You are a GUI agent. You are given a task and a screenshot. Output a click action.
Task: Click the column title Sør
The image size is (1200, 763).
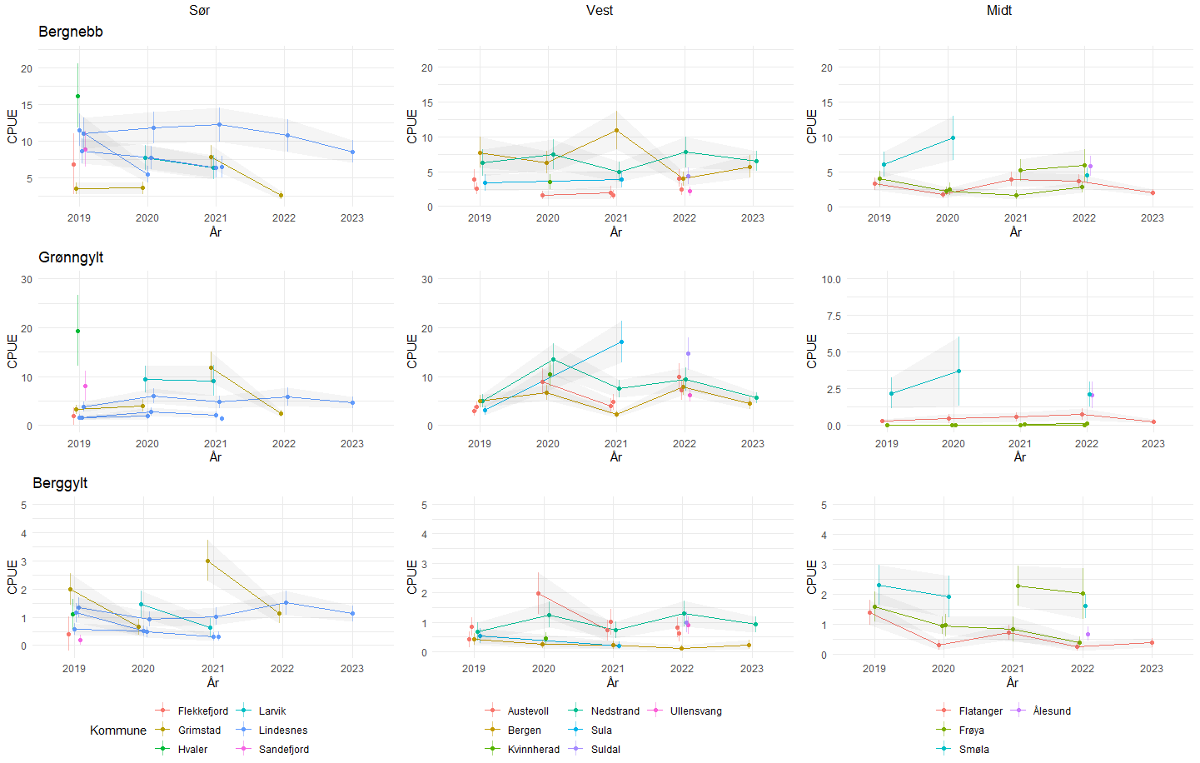(x=199, y=10)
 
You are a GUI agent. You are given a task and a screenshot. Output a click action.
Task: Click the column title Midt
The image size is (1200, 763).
(x=998, y=10)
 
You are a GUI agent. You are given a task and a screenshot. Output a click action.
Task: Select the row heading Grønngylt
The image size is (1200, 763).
(x=71, y=257)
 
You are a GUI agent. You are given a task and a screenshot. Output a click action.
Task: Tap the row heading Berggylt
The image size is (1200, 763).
(x=60, y=483)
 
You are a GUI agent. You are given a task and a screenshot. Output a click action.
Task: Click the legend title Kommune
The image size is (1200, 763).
(x=117, y=731)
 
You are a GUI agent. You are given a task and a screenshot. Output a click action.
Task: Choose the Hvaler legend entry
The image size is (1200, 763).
(x=192, y=750)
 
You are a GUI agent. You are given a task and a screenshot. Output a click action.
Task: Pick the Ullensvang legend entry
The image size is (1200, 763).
(x=695, y=711)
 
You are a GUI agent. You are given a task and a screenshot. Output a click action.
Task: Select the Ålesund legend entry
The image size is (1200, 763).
(x=1052, y=711)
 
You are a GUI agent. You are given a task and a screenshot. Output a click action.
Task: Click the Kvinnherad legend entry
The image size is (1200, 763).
(x=533, y=750)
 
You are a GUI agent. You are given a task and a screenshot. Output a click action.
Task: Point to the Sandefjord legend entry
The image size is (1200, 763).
(x=283, y=750)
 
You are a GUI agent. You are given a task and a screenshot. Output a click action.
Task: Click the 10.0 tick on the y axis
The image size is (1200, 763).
(x=830, y=280)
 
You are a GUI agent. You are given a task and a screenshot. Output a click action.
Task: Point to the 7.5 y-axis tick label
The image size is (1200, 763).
(x=833, y=317)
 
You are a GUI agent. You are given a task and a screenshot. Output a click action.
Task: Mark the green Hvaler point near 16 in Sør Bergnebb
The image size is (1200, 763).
(x=77, y=96)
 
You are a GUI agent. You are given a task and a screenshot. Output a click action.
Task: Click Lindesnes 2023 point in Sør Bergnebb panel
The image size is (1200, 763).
(x=352, y=152)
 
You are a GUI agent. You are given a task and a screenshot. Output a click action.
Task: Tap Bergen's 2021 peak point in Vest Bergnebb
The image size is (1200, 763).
(x=616, y=130)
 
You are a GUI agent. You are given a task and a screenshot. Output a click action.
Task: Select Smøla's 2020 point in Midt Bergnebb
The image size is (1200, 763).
(x=953, y=137)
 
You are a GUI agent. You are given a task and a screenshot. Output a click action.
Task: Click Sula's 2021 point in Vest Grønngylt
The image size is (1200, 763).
(x=621, y=342)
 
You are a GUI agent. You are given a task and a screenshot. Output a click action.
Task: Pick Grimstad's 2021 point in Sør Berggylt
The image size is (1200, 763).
(x=207, y=561)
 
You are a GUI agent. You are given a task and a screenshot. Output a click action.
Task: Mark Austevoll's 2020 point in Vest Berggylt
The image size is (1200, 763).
(x=538, y=594)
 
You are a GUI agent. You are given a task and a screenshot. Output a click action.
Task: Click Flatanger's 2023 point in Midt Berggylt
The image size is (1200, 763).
(x=1152, y=642)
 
